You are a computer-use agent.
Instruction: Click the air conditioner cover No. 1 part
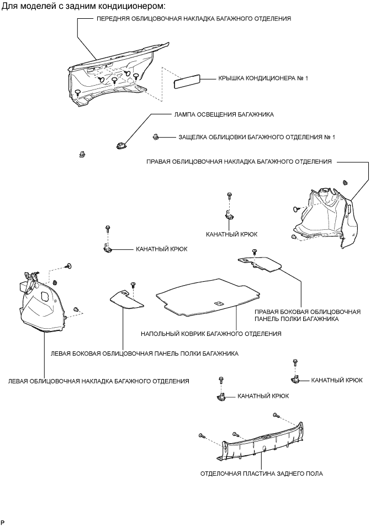point(186,82)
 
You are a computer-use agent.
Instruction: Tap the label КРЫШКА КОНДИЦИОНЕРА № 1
point(255,78)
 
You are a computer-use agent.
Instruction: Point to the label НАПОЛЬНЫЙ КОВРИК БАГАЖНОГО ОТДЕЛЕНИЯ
point(211,334)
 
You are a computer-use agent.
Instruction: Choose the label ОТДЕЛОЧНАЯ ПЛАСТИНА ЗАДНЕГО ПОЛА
point(262,474)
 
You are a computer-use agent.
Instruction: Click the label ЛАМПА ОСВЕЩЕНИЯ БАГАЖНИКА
point(224,114)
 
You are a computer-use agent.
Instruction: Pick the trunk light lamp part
point(120,146)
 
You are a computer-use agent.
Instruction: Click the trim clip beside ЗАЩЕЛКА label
point(156,136)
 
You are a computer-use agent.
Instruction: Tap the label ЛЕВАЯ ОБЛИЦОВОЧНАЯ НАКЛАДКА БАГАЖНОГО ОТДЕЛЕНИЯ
point(99,381)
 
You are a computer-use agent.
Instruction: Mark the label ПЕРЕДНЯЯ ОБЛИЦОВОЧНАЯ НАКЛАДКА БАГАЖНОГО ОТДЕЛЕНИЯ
point(193,18)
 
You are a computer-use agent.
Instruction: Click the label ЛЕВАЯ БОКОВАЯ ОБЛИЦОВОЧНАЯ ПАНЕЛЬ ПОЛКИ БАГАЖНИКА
point(144,354)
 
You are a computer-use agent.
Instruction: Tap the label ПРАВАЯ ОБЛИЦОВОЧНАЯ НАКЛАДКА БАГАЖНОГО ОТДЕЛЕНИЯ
point(239,162)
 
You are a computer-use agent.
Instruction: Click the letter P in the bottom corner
point(3,522)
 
